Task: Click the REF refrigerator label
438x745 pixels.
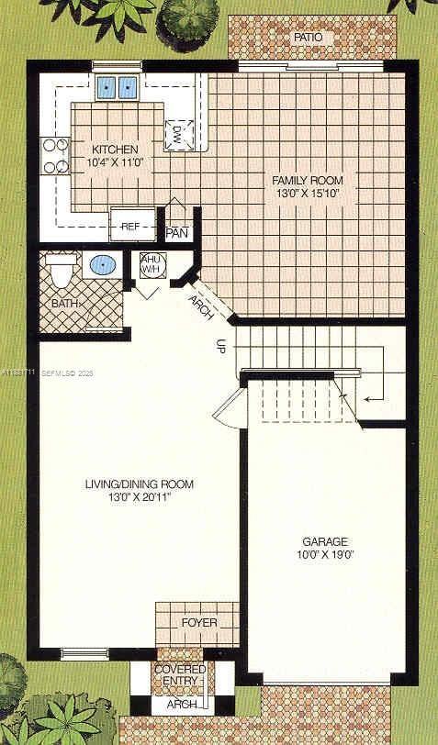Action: pos(130,225)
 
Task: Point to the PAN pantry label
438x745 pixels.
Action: pos(177,232)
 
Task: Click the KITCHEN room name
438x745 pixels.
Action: pos(115,150)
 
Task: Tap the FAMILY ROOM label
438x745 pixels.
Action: pos(306,180)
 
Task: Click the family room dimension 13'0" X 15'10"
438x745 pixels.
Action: pos(306,194)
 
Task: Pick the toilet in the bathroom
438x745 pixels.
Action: pos(61,270)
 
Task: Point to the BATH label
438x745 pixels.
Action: pos(64,302)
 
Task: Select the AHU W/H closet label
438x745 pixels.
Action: pos(150,264)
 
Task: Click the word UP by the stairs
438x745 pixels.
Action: pos(220,346)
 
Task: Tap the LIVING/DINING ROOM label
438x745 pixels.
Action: pos(140,484)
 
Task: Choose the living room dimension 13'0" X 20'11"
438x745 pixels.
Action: pos(140,497)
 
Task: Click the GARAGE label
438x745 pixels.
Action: pos(323,541)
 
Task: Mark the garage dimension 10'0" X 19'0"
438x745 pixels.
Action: pos(323,554)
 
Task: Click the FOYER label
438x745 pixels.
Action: pos(199,623)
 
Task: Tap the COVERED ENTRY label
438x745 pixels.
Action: pos(180,676)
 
